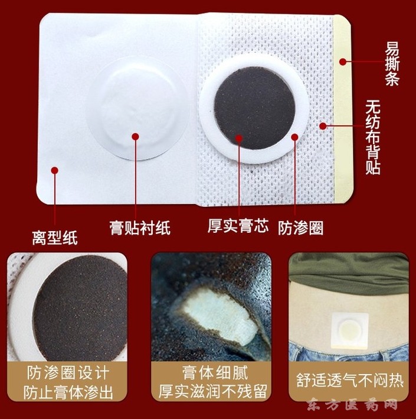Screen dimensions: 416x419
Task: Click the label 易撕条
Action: [392, 66]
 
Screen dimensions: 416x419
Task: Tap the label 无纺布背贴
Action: [373, 137]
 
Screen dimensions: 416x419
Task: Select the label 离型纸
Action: [55, 238]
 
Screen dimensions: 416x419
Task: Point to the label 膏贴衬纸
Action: [140, 228]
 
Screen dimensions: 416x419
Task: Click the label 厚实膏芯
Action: [238, 226]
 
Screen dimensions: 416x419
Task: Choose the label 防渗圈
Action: [301, 228]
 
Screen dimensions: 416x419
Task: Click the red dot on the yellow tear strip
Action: [343, 62]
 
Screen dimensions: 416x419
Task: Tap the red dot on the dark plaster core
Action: [239, 138]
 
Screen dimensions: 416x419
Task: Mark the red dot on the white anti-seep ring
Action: [294, 137]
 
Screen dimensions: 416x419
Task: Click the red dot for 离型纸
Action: [55, 170]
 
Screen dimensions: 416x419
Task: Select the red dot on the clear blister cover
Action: [135, 137]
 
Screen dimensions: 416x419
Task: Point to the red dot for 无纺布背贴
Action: [323, 126]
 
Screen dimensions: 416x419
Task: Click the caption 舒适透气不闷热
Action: [349, 380]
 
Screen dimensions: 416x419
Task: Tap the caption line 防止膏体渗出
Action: [68, 392]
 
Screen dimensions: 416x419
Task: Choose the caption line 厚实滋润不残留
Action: [212, 392]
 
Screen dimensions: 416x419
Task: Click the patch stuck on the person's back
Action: [350, 330]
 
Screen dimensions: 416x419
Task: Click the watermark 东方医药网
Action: [352, 405]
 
